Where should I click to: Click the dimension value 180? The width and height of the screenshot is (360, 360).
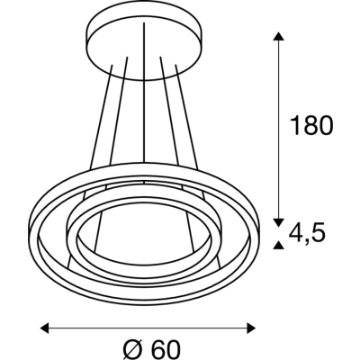click(x=312, y=125)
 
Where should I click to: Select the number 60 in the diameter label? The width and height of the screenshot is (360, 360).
click(x=166, y=349)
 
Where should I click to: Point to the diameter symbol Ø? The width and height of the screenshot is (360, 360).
click(x=132, y=349)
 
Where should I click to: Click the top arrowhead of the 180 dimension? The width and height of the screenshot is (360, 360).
click(x=279, y=36)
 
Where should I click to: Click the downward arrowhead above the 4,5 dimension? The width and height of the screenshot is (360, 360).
click(x=279, y=222)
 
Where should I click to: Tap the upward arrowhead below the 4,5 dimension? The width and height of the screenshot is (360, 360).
click(x=279, y=246)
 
